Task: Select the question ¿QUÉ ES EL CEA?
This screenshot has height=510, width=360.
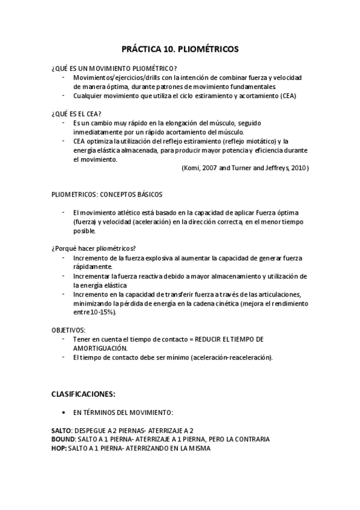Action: [x=76, y=113]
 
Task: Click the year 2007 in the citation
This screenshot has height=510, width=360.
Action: [x=212, y=168]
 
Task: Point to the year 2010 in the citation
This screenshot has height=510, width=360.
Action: [x=297, y=168]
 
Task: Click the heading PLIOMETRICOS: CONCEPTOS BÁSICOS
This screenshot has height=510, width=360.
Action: [x=107, y=195]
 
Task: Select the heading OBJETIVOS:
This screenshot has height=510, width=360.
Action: [x=69, y=330]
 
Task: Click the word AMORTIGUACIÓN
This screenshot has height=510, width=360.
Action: [x=100, y=348]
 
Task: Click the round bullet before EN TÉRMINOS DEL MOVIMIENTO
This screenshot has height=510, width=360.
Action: [x=64, y=413]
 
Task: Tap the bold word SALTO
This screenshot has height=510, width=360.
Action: [x=61, y=431]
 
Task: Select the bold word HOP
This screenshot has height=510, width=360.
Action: [x=58, y=449]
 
